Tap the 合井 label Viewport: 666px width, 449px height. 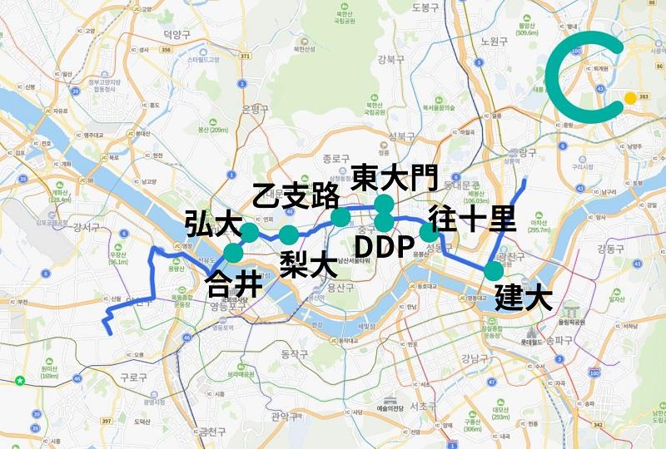click(x=232, y=282)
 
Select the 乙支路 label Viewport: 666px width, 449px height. click(x=296, y=198)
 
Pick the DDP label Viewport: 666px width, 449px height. click(x=385, y=247)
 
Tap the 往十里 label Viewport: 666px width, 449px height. click(x=471, y=219)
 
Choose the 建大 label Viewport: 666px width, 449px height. click(x=524, y=297)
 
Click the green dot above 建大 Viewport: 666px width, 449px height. click(x=494, y=271)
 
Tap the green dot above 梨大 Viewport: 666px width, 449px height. click(x=288, y=234)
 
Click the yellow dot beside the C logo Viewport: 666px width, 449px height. click(x=630, y=98)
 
